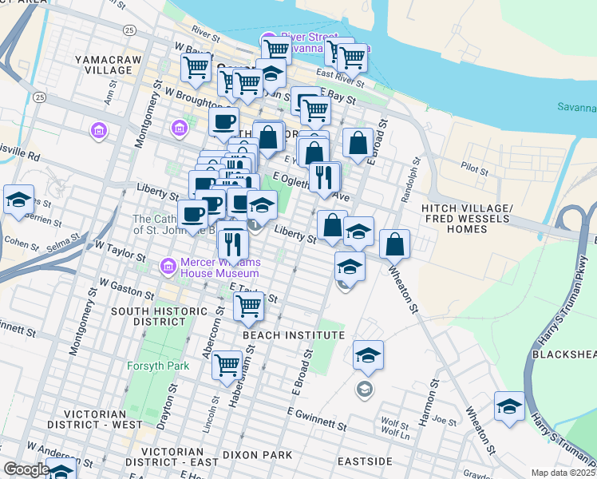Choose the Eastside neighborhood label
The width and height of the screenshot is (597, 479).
[x=365, y=461]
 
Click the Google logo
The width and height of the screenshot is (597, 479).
[x=26, y=469]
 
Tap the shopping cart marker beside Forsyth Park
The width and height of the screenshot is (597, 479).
[x=227, y=365]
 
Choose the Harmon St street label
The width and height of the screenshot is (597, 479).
[x=433, y=394]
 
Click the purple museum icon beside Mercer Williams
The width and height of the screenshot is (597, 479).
[x=168, y=265]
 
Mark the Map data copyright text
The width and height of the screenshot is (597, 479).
[x=563, y=473]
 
